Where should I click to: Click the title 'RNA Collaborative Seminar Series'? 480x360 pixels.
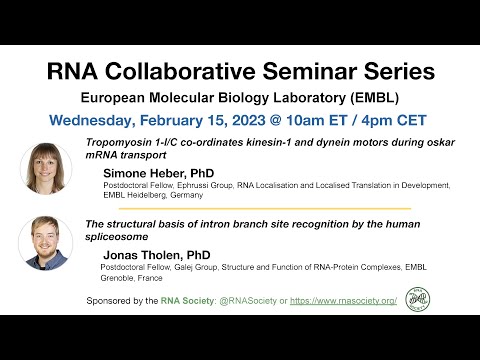point(240,72)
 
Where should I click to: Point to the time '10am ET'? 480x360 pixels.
point(311,120)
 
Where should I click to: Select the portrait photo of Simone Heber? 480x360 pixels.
point(45,166)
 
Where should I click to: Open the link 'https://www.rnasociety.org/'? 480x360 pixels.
point(345,300)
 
